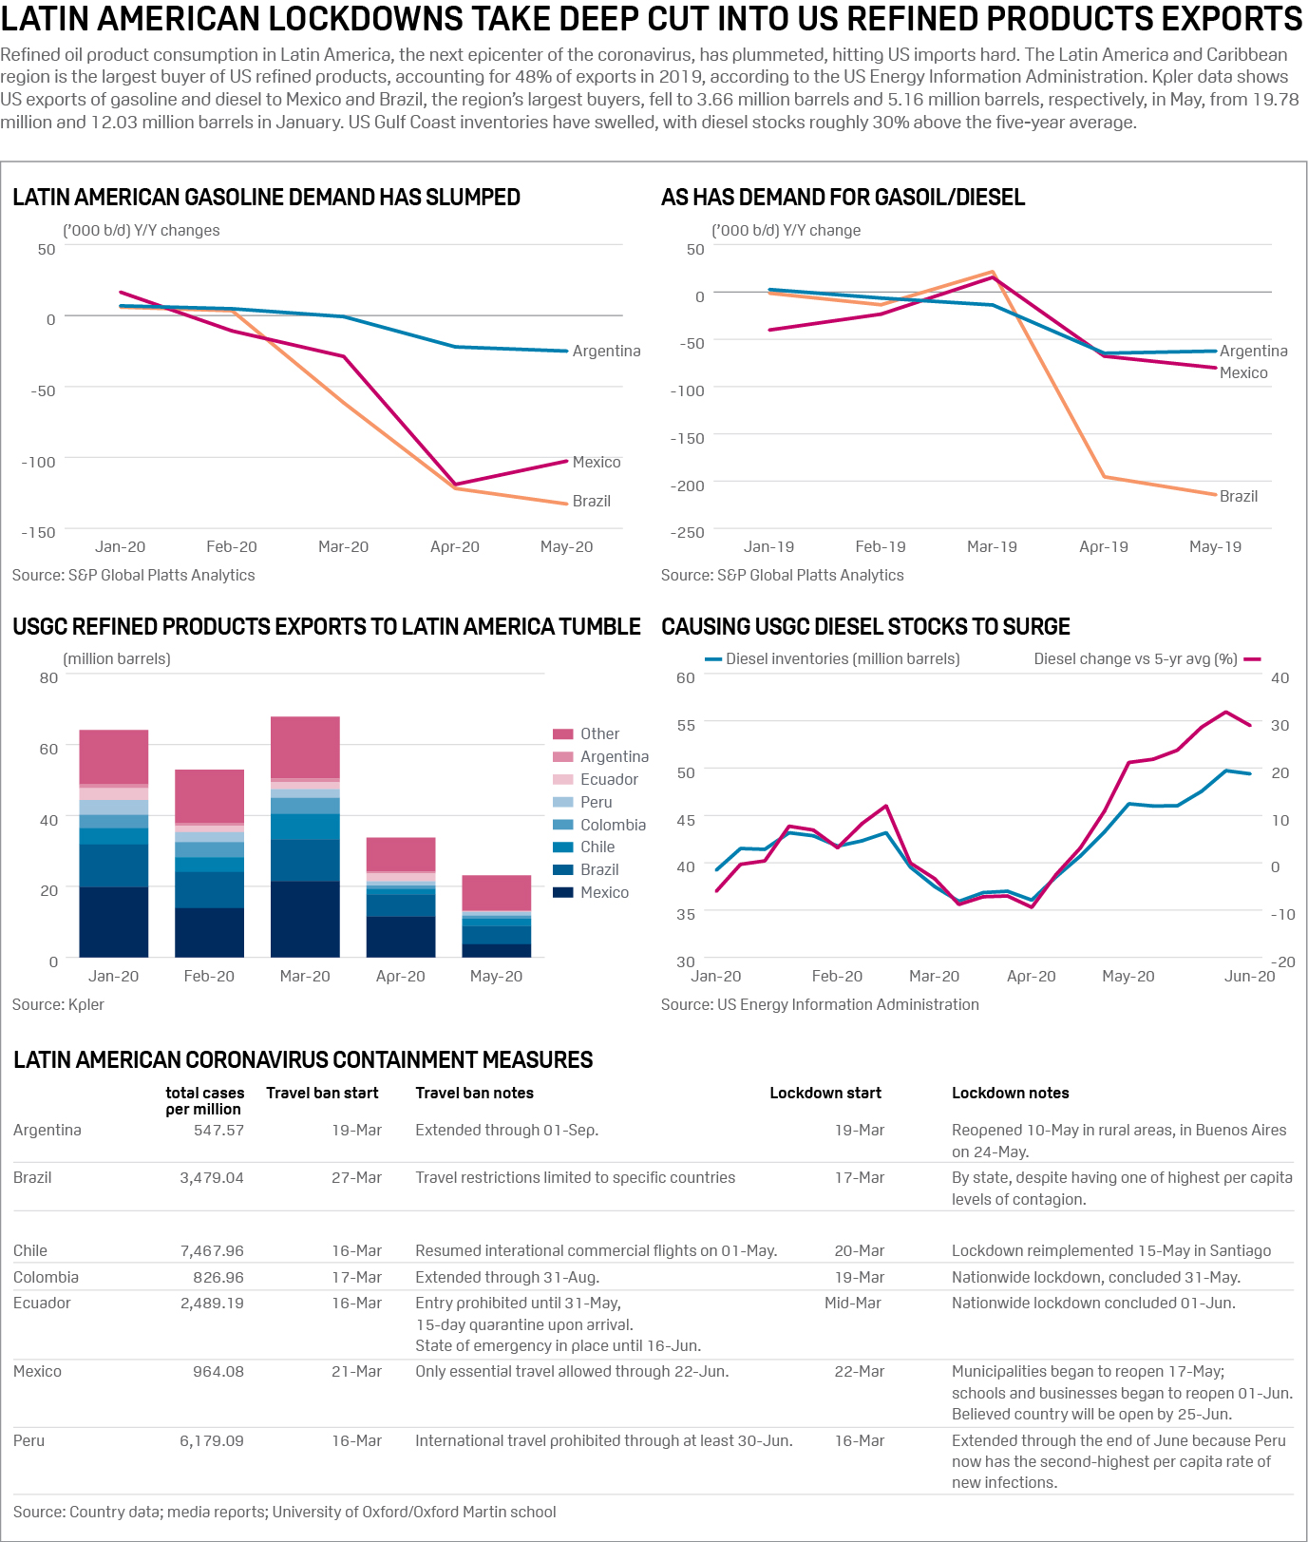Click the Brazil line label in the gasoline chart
(x=591, y=501)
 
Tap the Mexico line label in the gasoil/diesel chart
(x=1243, y=372)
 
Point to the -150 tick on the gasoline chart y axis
(x=39, y=532)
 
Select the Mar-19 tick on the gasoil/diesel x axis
(x=992, y=546)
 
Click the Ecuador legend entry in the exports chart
(x=609, y=779)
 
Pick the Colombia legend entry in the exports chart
(x=613, y=825)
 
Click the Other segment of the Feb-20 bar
(x=209, y=795)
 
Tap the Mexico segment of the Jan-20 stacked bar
(x=114, y=922)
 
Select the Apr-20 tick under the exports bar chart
(x=400, y=976)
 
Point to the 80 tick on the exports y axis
(x=48, y=677)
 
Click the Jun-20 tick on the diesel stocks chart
(x=1249, y=976)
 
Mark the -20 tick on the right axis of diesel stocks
(x=1283, y=961)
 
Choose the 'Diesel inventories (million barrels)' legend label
(x=843, y=658)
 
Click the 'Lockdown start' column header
(x=825, y=1093)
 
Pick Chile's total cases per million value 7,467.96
(x=212, y=1250)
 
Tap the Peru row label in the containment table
(x=29, y=1440)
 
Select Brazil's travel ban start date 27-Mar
(x=356, y=1177)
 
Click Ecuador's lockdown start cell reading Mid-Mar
(x=852, y=1303)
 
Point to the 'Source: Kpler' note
(x=58, y=1004)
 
